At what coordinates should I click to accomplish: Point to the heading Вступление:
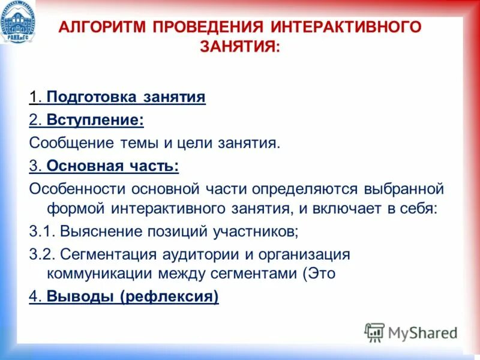95,120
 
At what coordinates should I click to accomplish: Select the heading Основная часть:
112,166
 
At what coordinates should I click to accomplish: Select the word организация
304,254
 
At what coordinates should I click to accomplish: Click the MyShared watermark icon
374,332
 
